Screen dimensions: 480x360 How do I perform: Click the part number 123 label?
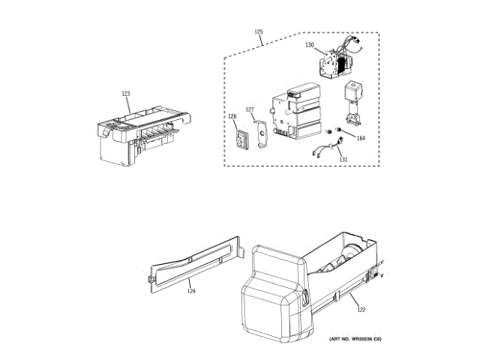point(126,94)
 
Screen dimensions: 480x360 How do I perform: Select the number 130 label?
point(309,45)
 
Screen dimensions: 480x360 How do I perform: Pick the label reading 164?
point(361,138)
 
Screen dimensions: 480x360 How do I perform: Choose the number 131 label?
point(343,160)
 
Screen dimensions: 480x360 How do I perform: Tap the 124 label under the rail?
point(191,292)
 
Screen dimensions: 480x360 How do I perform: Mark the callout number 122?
point(360,309)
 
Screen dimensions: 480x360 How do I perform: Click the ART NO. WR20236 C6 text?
point(355,340)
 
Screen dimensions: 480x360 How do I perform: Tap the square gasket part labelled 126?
point(241,139)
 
